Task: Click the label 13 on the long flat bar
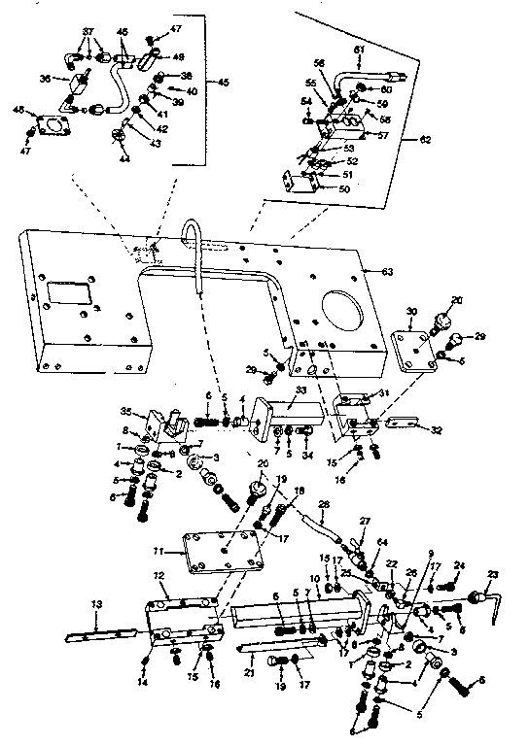tap(96, 605)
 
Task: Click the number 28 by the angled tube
tap(325, 503)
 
